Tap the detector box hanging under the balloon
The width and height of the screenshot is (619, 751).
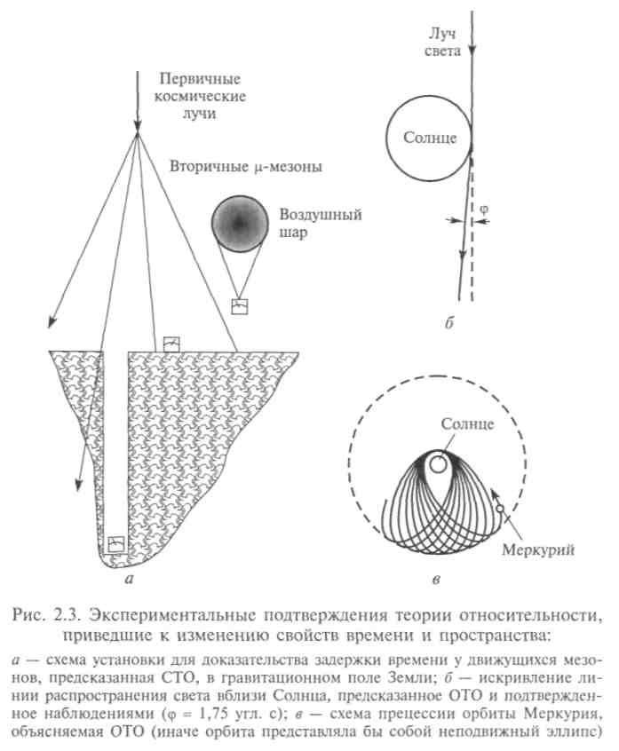pos(240,306)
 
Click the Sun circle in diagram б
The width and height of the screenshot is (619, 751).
pos(428,139)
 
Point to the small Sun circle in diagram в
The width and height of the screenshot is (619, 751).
pos(437,463)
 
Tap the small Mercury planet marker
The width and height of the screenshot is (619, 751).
pos(501,509)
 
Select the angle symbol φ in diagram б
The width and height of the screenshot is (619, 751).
pos(484,209)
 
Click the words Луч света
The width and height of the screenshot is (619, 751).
pos(441,43)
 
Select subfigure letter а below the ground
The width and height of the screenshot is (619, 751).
pos(131,580)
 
